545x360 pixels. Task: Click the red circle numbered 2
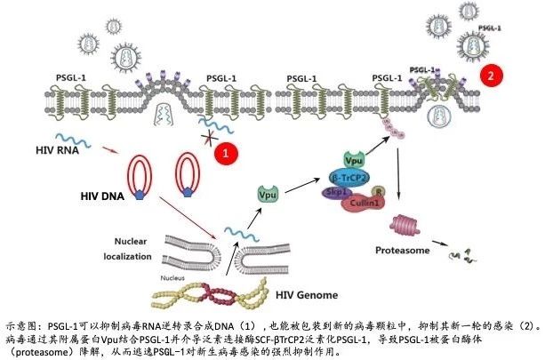tap(489, 76)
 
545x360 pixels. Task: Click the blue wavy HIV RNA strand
tap(73, 140)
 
